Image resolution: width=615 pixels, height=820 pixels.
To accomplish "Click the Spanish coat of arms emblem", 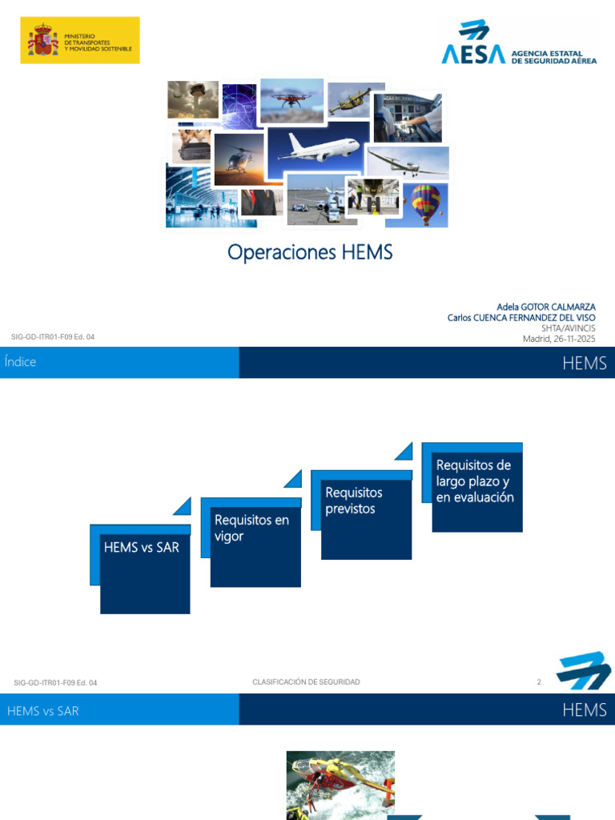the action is (43, 40).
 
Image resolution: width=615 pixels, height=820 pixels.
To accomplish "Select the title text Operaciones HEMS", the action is (310, 252).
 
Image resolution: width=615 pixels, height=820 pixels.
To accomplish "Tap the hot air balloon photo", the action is (426, 204).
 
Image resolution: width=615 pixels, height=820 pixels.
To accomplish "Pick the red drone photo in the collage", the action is (291, 100).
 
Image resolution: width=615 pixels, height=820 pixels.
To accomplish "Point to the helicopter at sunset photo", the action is (239, 159).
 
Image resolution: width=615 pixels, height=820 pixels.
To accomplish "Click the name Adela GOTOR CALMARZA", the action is (546, 307).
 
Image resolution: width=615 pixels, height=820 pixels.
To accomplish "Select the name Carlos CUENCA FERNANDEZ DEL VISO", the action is (521, 317).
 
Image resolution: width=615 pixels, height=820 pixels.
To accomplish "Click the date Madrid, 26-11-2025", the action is (558, 339).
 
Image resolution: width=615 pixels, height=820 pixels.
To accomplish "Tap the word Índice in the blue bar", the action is (20, 362).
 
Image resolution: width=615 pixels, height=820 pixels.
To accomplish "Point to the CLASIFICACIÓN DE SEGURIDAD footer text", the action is (306, 682).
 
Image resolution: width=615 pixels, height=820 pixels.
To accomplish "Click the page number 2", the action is (539, 682).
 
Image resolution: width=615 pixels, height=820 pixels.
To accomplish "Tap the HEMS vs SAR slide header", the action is (43, 711).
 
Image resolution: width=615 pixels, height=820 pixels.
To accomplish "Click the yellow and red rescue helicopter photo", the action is (340, 786).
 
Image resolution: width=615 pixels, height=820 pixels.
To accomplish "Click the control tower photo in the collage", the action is (193, 99).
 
